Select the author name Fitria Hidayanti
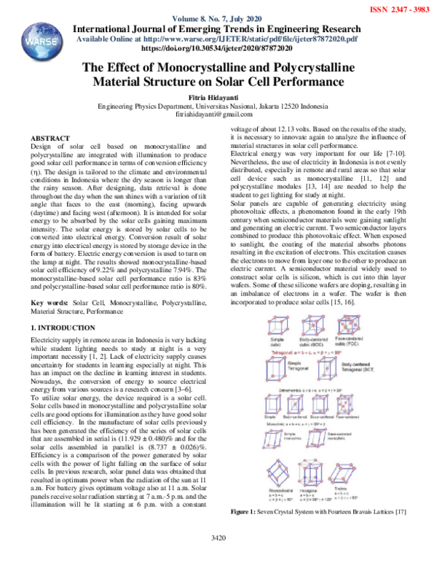[x=218, y=98]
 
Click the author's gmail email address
[x=218, y=115]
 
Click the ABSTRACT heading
[x=50, y=138]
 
